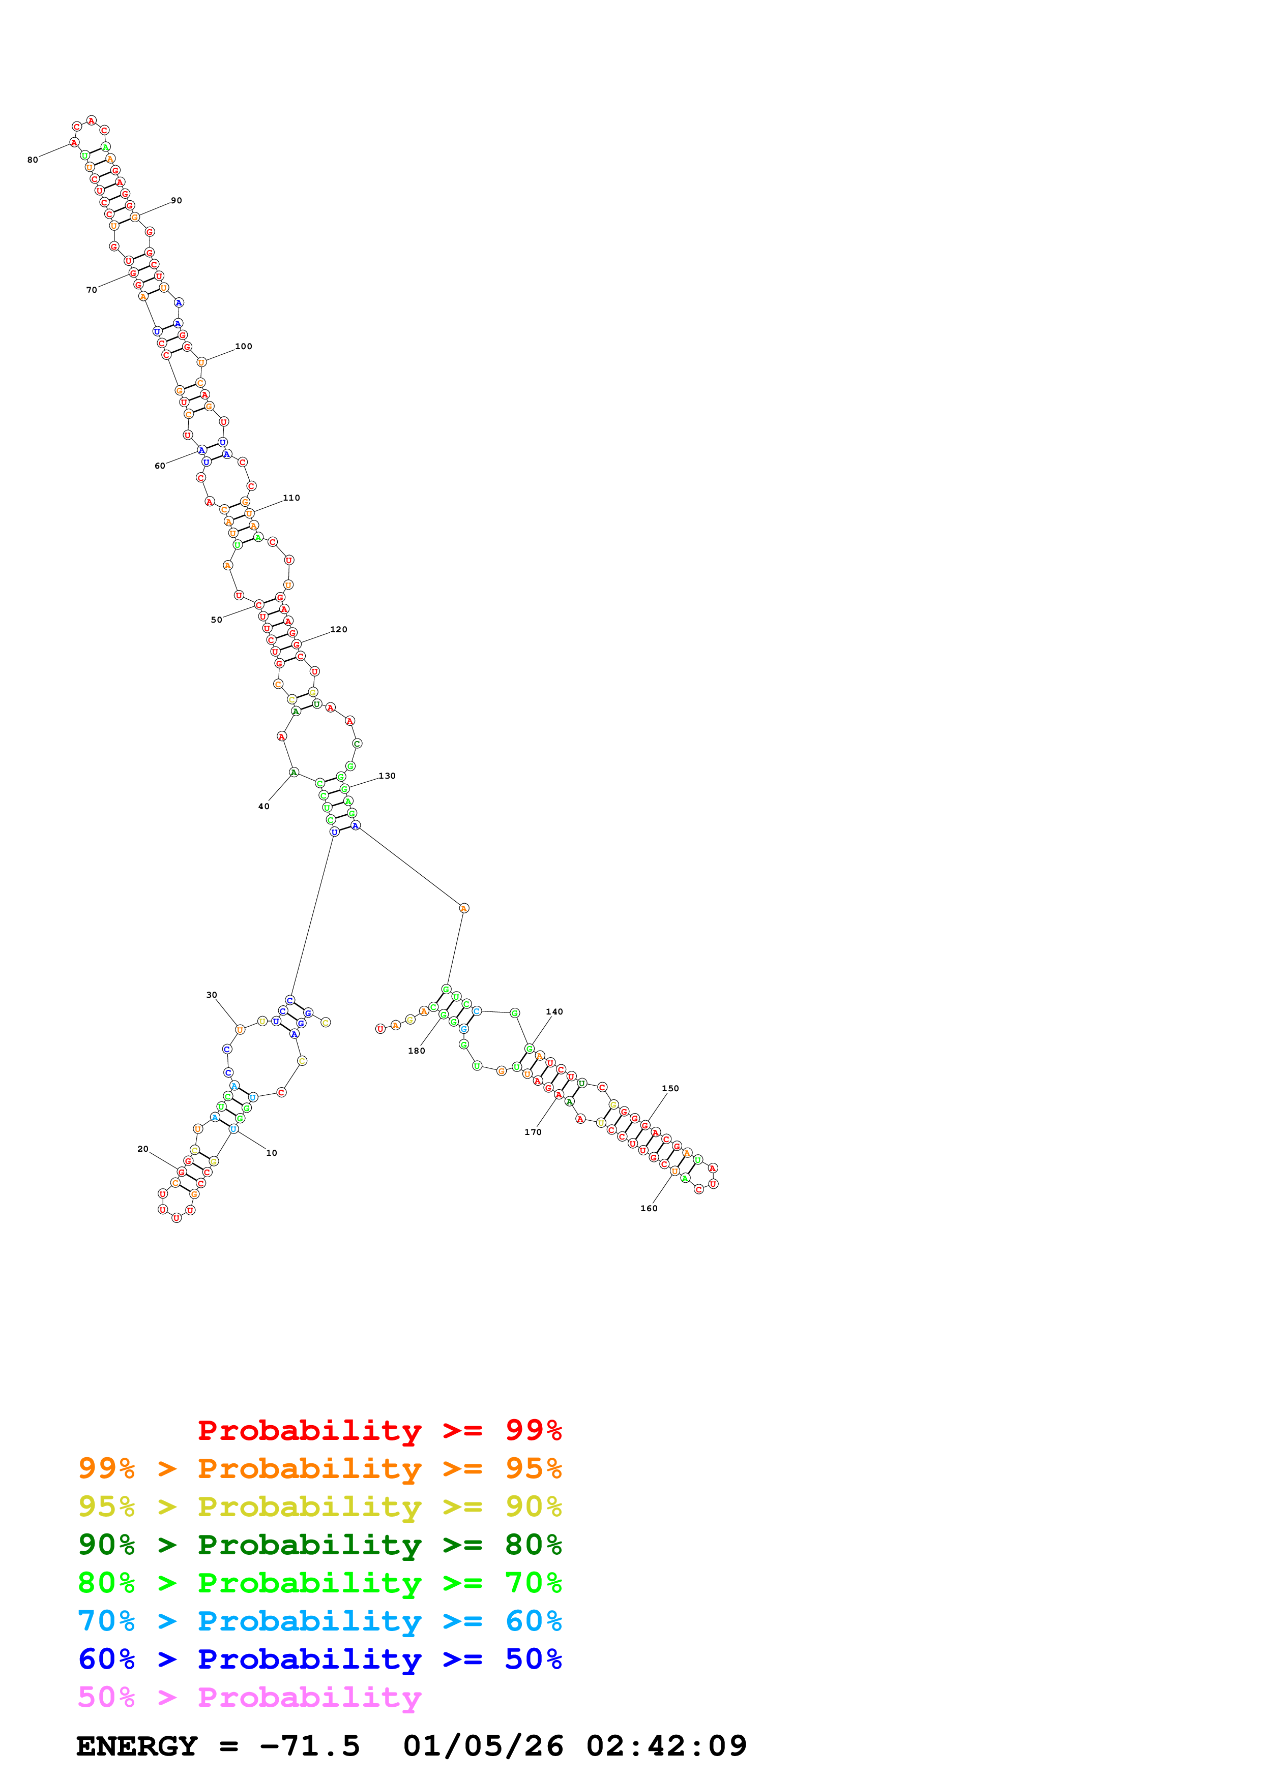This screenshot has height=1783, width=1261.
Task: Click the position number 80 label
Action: click(32, 160)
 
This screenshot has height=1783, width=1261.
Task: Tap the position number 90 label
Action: click(177, 200)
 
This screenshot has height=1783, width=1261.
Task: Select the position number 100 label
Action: click(243, 346)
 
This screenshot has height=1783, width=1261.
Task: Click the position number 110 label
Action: click(291, 498)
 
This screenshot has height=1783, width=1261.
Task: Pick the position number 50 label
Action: click(216, 620)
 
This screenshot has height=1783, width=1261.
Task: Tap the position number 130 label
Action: click(387, 776)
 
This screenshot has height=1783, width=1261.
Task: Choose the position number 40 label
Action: click(263, 806)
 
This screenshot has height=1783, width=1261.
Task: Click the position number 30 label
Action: click(211, 995)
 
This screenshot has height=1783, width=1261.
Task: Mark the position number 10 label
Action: click(271, 1153)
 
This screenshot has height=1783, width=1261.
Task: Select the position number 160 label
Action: click(649, 1208)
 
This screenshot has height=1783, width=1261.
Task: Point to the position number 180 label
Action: click(417, 1051)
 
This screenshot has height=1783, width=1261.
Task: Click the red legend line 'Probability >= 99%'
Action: click(379, 1430)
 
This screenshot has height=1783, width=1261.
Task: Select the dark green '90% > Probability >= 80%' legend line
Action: click(319, 1545)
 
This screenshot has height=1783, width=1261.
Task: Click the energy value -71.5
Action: click(310, 1746)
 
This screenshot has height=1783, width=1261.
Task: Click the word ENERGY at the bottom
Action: click(137, 1746)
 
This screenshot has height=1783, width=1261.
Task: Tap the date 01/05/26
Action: click(483, 1746)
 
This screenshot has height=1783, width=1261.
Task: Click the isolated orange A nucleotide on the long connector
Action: click(464, 908)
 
